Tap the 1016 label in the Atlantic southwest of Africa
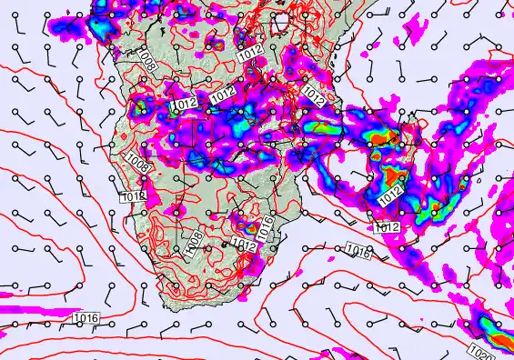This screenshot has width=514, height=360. point(86,317)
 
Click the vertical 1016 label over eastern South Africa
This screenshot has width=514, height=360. point(266,228)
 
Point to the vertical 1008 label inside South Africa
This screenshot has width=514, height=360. point(193,241)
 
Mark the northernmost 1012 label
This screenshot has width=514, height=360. point(252,55)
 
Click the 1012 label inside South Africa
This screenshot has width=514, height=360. point(243,243)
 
